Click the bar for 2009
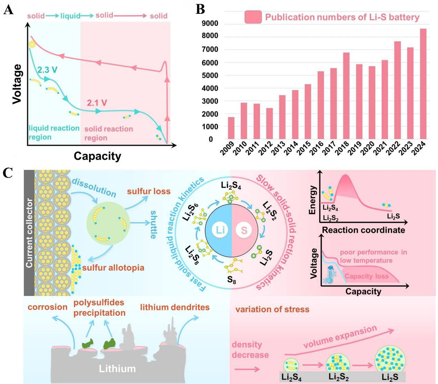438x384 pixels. [x=231, y=128]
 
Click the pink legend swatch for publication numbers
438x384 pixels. [x=253, y=17]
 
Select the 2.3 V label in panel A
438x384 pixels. [x=47, y=69]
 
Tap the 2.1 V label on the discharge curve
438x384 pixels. [x=97, y=103]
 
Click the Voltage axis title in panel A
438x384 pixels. [x=17, y=84]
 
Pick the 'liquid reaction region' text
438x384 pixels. [x=54, y=133]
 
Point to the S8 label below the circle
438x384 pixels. [x=232, y=279]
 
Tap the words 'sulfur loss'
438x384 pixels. [x=149, y=191]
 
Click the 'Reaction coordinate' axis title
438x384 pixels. [x=363, y=230]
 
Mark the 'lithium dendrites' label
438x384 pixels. [x=175, y=307]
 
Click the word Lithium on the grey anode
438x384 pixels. [x=117, y=368]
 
